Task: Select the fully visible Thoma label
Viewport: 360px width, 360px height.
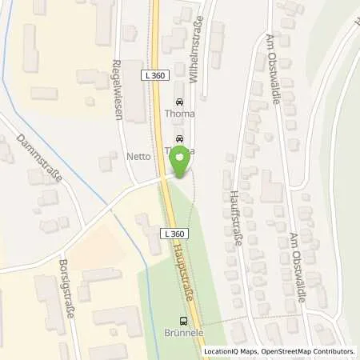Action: pyautogui.click(x=179, y=114)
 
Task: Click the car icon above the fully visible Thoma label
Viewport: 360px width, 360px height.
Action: pyautogui.click(x=179, y=102)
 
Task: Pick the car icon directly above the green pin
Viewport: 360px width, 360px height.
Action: pyautogui.click(x=180, y=138)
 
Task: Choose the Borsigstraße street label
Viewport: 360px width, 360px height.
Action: pyautogui.click(x=65, y=289)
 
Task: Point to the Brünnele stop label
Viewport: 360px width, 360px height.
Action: pyautogui.click(x=181, y=334)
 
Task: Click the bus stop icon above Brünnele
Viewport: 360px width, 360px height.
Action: pyautogui.click(x=181, y=321)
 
